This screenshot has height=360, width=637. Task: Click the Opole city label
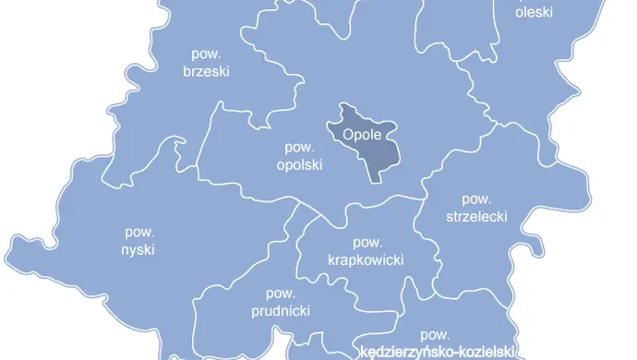(362, 134)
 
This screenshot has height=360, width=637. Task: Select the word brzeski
(206, 71)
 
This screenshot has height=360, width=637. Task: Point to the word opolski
(299, 165)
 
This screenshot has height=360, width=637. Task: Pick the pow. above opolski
(299, 148)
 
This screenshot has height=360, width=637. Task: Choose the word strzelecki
(476, 216)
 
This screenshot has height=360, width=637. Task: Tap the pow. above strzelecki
(476, 198)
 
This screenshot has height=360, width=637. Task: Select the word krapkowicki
(367, 260)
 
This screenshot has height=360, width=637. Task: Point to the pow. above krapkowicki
(367, 243)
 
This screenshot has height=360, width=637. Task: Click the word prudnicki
(281, 311)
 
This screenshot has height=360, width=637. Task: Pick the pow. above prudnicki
(281, 294)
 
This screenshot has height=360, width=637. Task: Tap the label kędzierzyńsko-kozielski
(434, 352)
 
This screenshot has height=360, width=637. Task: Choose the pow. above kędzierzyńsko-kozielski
(434, 334)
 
